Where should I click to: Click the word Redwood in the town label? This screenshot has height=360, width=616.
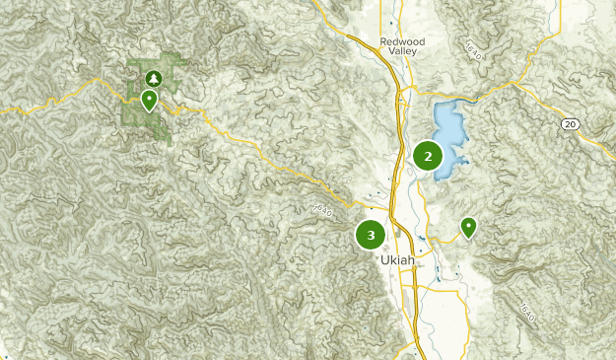coord(401,41)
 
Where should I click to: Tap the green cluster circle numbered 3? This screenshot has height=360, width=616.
coord(371,235)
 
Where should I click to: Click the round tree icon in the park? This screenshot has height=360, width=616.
coord(153,77)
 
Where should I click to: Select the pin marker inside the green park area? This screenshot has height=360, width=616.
coord(149,100)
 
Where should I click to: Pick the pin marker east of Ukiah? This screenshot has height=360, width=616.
coord(469,228)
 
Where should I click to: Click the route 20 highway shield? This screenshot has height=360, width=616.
coord(570,122)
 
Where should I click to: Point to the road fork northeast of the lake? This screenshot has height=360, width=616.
coord(480,96)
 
